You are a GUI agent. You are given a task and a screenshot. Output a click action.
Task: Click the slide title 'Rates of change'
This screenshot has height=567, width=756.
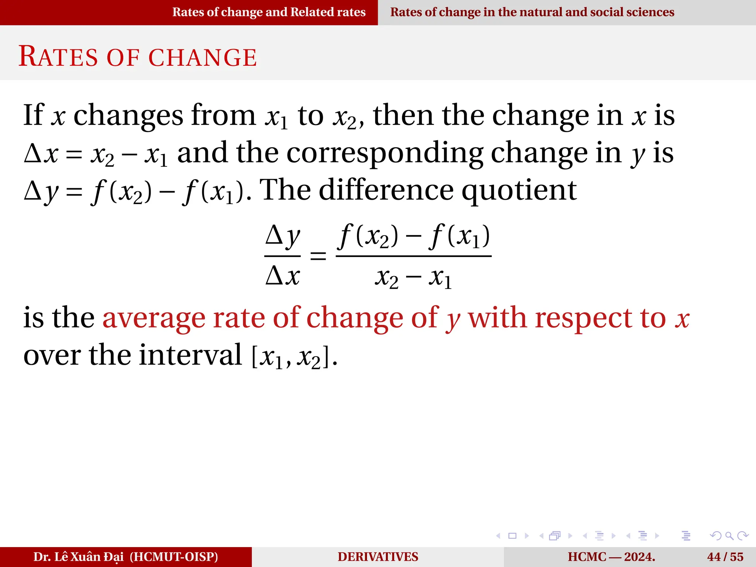click(x=138, y=57)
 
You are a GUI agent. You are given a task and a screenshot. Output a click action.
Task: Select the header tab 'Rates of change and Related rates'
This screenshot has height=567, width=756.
click(x=269, y=12)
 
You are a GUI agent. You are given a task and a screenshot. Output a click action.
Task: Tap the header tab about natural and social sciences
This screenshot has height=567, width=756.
click(x=532, y=12)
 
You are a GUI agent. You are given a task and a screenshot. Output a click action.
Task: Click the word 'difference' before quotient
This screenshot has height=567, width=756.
click(x=386, y=190)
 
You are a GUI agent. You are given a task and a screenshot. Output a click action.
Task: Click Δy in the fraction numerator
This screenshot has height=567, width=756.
click(x=283, y=236)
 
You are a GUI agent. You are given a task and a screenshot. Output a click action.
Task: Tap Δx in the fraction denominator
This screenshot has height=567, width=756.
click(x=283, y=276)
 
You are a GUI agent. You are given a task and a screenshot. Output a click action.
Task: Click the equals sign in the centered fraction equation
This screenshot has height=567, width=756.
click(x=318, y=256)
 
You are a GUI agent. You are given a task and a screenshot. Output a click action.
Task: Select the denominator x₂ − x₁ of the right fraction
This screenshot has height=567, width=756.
click(x=413, y=278)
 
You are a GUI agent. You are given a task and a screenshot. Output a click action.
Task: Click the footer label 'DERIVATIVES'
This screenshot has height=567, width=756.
click(x=378, y=557)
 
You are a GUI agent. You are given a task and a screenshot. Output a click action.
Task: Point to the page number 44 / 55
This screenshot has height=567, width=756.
click(x=725, y=557)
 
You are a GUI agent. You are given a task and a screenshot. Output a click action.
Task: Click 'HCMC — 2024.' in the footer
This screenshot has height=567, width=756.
click(x=611, y=557)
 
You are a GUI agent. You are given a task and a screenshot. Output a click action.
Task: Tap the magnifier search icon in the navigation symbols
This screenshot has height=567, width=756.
click(x=729, y=536)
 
